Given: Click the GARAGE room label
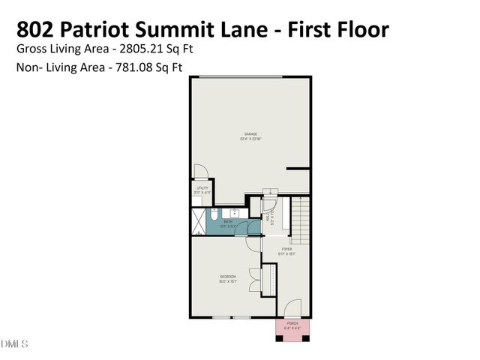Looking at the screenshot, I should tap(249, 134).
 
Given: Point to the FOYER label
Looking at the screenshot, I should tap(286, 248).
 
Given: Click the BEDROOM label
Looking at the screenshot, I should tap(228, 277).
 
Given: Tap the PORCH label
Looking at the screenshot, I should tap(292, 322).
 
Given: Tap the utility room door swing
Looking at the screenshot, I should tap(200, 171).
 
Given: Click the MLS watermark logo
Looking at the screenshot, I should tap(14, 343).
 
